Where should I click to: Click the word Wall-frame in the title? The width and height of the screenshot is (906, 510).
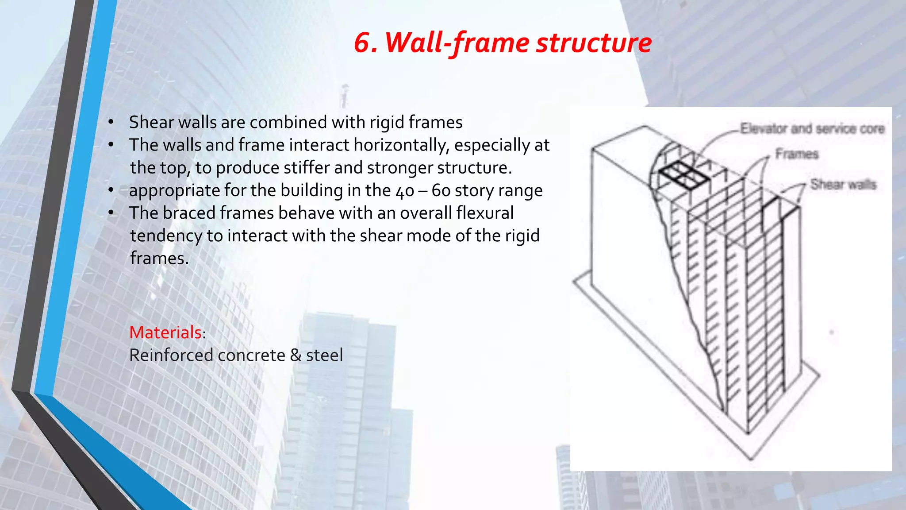click(457, 43)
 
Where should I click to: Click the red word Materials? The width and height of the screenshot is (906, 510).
click(165, 332)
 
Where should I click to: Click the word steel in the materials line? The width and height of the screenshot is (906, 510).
click(324, 355)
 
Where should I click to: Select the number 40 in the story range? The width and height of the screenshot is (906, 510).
click(405, 191)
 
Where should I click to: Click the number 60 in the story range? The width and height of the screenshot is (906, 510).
click(441, 191)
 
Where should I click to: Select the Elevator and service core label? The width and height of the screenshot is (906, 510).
click(812, 128)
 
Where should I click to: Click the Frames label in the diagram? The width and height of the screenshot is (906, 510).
click(797, 154)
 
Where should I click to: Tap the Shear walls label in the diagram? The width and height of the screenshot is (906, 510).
click(843, 184)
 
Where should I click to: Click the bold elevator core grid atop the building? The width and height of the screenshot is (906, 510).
click(682, 175)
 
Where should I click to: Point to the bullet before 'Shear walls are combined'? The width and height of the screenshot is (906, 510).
click(111, 122)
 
